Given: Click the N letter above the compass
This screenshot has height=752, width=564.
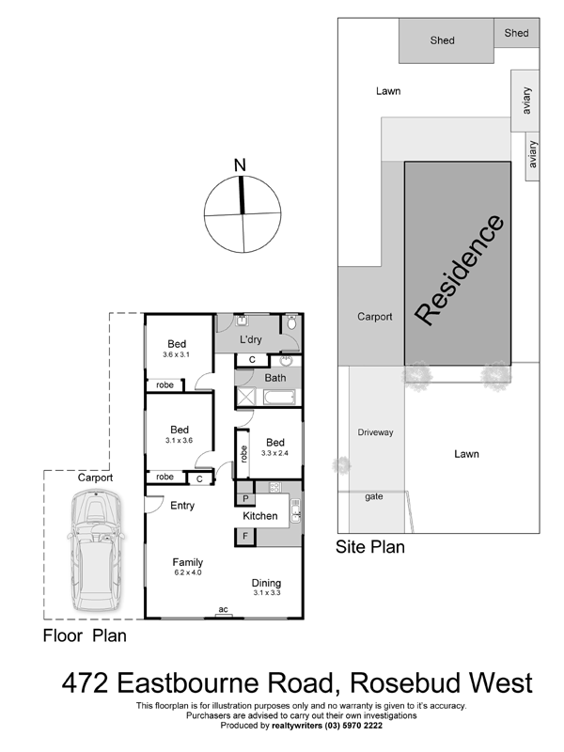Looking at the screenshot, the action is (x=240, y=165).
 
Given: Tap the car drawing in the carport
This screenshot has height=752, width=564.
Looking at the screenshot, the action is (x=96, y=550).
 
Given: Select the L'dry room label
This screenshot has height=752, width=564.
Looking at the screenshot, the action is (x=251, y=339).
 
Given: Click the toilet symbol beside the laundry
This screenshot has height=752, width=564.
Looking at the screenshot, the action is (x=292, y=321).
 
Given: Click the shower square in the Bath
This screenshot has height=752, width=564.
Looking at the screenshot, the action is (x=248, y=397).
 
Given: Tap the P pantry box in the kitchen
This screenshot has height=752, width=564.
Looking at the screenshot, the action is (x=245, y=498).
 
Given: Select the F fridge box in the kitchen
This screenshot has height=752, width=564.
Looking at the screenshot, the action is (x=245, y=536).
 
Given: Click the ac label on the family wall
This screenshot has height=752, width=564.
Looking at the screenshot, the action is (x=223, y=609).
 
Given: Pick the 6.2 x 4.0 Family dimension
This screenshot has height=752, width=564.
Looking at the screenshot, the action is (x=187, y=572).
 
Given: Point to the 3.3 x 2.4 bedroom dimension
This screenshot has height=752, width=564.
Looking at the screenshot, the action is (x=274, y=453).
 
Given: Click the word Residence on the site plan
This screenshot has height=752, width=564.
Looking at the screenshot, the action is (x=459, y=270).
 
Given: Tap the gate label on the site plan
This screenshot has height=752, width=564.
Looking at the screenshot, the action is (x=373, y=496).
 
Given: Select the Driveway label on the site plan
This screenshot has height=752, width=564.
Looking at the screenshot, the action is (x=375, y=432).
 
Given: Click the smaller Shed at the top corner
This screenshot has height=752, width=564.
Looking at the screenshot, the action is (x=516, y=33).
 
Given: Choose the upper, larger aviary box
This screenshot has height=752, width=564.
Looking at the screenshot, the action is (x=525, y=101).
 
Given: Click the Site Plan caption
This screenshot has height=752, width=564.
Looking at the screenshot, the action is (x=369, y=547).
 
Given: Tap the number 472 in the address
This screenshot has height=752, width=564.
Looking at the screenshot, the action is (x=85, y=682).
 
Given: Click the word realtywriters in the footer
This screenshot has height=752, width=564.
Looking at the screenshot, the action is (x=297, y=726).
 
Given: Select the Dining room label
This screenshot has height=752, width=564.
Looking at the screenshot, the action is (x=266, y=583).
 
